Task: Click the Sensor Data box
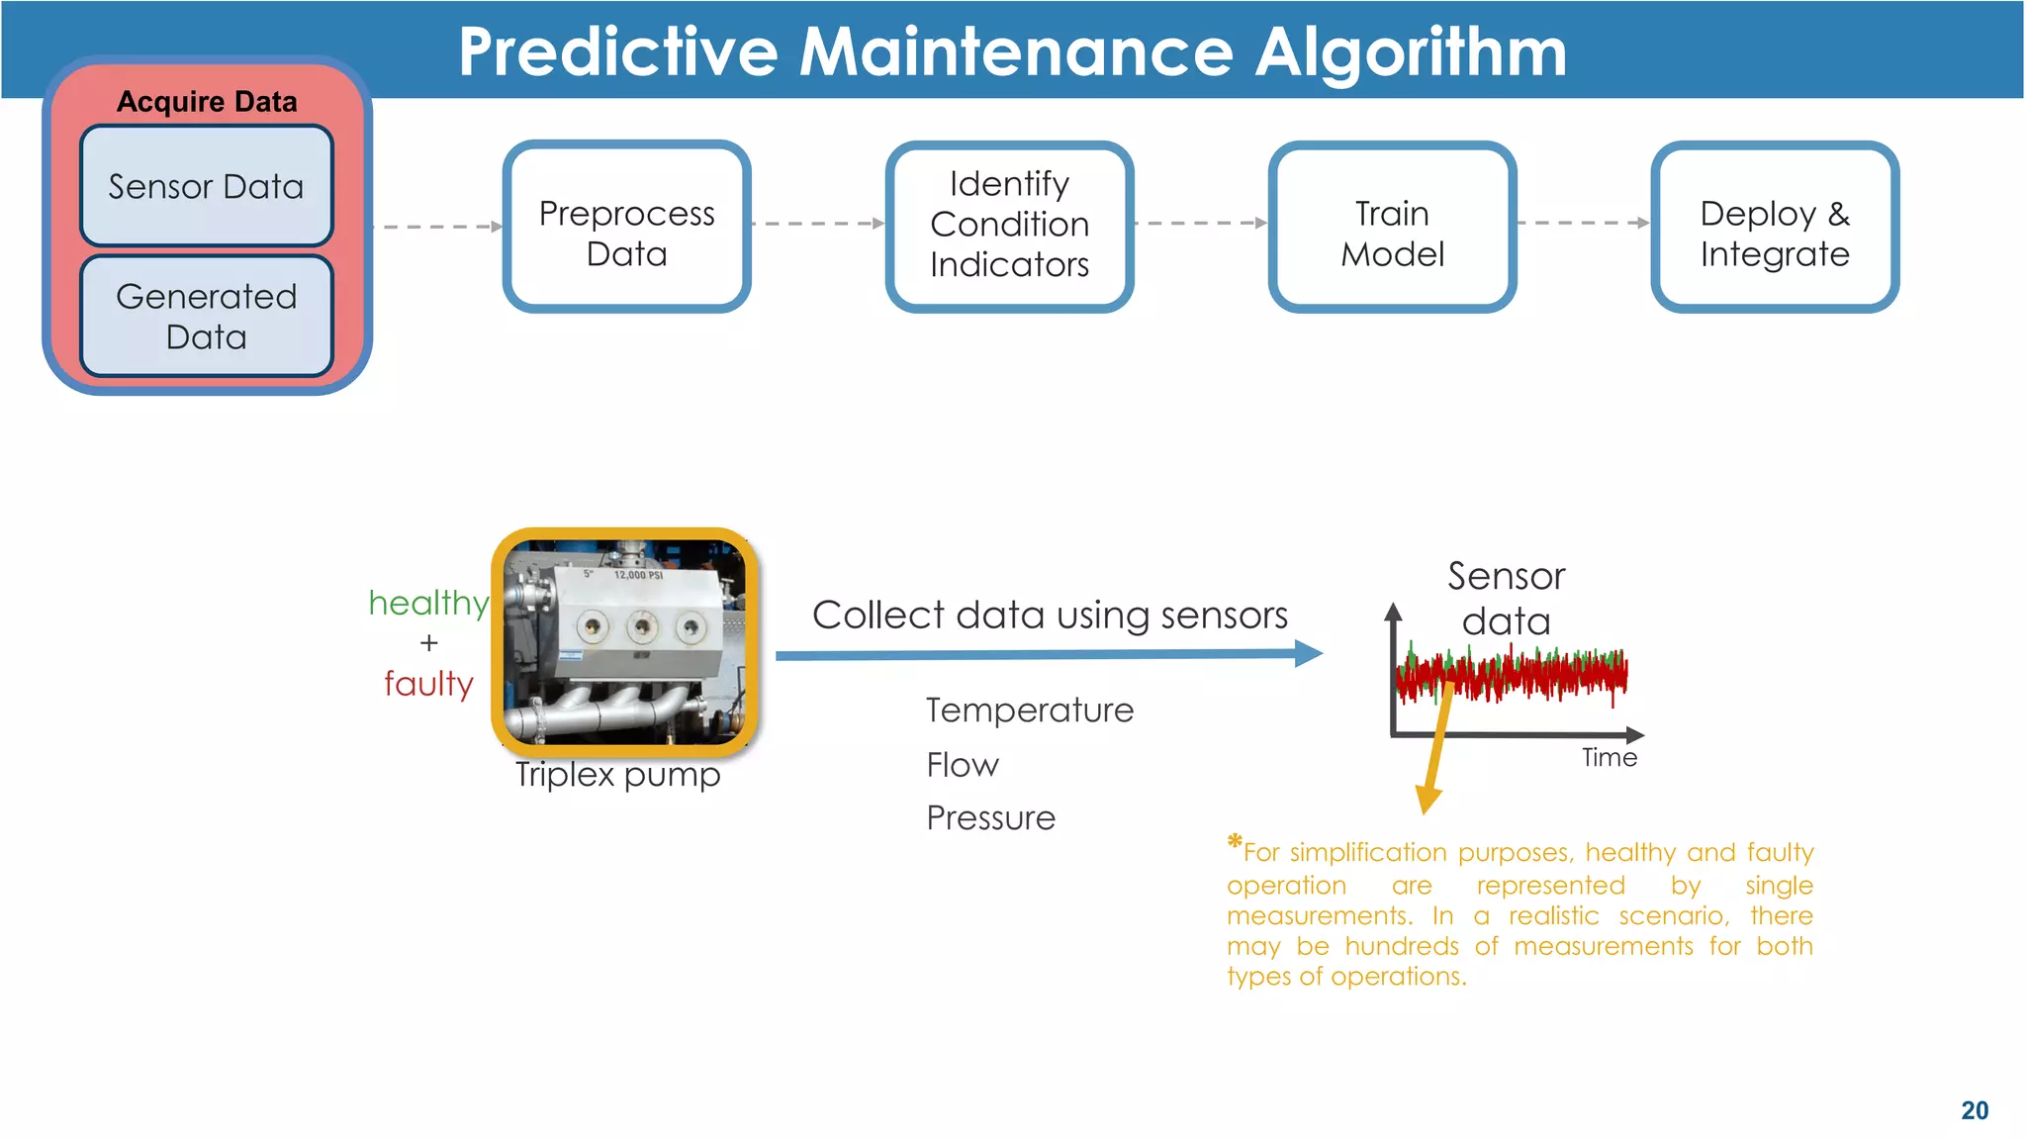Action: point(206,186)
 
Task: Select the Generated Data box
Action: point(206,317)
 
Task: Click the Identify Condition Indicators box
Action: point(1009,226)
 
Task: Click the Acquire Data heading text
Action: point(207,102)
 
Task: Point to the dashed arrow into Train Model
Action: point(1201,224)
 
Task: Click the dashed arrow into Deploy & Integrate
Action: point(1583,224)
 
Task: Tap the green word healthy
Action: point(427,603)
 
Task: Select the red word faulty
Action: point(428,684)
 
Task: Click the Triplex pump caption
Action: point(617,774)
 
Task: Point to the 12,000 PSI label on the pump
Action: point(637,575)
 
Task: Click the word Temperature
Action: point(1029,711)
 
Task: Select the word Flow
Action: point(962,765)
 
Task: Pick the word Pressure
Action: point(990,818)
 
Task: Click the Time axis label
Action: point(1609,758)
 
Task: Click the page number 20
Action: point(1974,1110)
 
